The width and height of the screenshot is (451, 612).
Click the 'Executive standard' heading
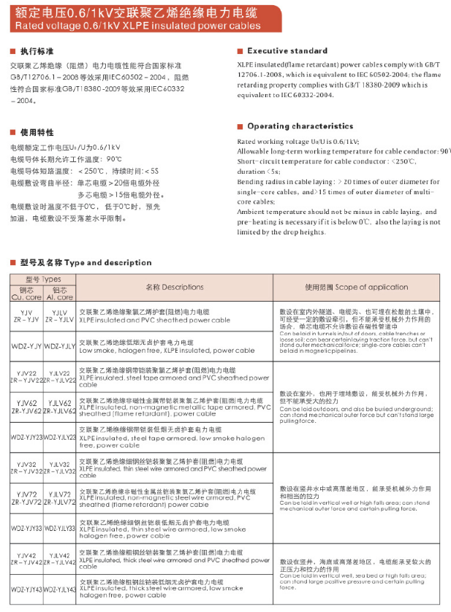click(287, 51)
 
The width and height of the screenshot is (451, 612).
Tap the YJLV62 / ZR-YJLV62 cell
click(59, 407)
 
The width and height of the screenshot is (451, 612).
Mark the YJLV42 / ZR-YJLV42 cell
click(59, 559)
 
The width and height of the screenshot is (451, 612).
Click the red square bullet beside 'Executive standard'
click(240, 51)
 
